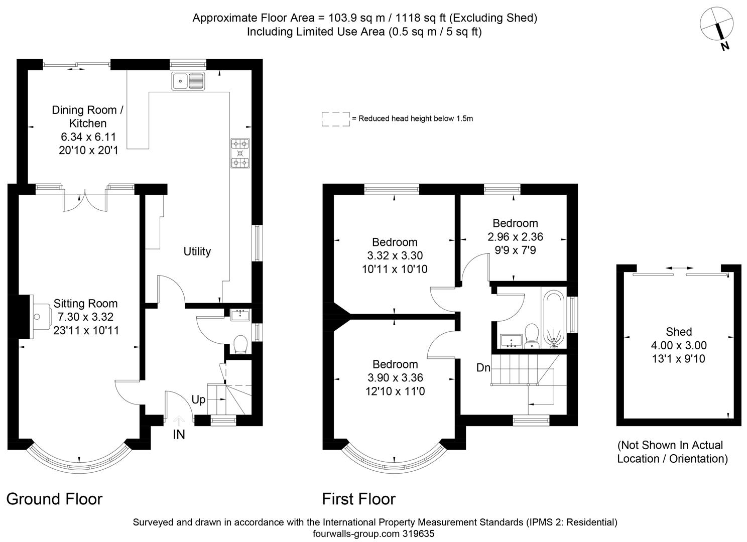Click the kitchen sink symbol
188,81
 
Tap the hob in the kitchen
240,153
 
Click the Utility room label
197,251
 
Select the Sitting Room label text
85,304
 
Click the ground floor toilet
241,345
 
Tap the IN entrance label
179,435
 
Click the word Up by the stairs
198,400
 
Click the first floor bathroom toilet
531,335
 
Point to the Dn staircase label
483,368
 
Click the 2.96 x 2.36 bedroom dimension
515,236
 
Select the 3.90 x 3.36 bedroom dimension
395,378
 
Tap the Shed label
679,332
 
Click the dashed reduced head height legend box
336,119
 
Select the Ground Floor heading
54,499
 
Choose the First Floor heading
358,499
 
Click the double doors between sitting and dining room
85,201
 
